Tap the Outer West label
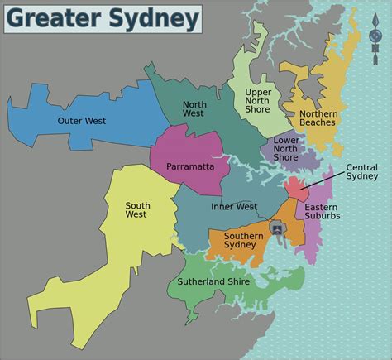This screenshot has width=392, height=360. coord(80,121)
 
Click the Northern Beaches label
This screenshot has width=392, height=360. coord(318,118)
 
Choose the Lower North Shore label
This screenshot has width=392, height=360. coord(286,149)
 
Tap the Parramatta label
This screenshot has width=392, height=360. coord(189,166)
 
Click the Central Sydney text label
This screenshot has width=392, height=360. coord(362,170)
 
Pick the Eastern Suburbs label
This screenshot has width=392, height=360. coord(322,211)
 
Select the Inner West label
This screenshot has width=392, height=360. coord(234,207)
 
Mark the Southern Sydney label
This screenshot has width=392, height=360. coord(243,241)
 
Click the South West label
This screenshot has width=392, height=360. coord(136,210)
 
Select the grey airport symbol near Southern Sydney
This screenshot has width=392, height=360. coord(276,228)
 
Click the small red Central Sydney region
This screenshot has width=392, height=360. coord(295,185)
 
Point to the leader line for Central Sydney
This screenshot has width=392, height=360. coord(323,179)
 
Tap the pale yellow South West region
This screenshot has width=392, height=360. coord(124,248)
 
